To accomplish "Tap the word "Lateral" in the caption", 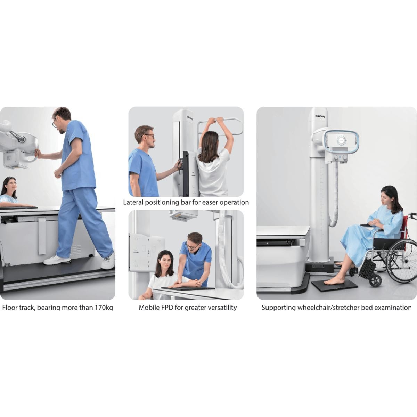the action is pyautogui.click(x=133, y=202).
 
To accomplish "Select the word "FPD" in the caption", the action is pyautogui.click(x=167, y=308).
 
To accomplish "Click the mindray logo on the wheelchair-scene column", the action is pyautogui.click(x=320, y=116).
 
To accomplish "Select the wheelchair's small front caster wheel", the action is pyautogui.click(x=375, y=281).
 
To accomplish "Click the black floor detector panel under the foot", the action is pyautogui.click(x=334, y=285).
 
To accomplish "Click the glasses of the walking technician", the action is pyautogui.click(x=54, y=122).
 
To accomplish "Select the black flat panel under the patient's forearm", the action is pyautogui.click(x=188, y=288).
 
